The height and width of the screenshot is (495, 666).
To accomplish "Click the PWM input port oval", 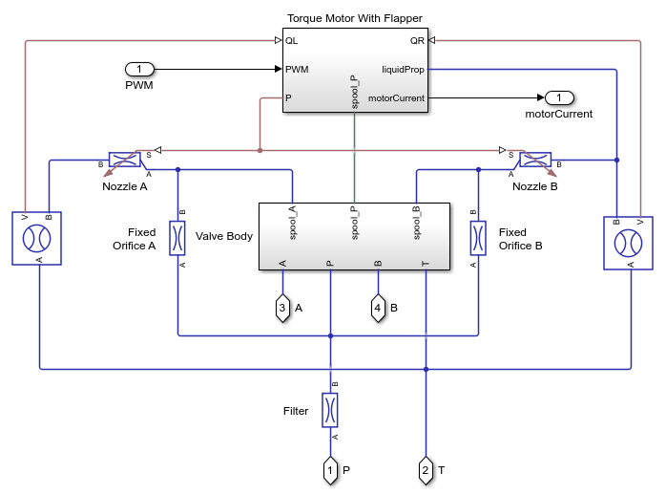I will point(139,70).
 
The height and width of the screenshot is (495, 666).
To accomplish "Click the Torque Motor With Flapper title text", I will point(354,18).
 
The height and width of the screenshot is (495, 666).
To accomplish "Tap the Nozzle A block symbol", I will point(125,160).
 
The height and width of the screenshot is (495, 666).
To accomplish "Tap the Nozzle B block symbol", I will point(535,160).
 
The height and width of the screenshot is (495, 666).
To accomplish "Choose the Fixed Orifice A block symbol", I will point(177,237).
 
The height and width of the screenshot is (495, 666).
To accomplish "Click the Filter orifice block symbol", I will point(330,410).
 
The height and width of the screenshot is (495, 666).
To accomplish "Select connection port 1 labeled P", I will point(330,470).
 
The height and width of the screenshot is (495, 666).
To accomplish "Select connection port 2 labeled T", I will point(426,470).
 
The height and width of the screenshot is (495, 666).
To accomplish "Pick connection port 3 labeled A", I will point(282,308).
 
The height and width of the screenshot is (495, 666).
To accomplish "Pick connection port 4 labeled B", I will point(378,308).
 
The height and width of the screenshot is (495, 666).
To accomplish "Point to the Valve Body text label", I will point(224,236).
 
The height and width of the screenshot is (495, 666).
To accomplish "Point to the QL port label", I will point(292,41).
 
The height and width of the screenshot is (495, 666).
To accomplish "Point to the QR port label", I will point(417,41).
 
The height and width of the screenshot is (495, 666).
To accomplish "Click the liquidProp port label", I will point(403,69).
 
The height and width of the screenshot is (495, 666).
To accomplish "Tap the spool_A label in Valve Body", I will point(292,221).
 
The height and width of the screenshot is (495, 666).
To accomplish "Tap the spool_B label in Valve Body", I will point(416,221).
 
